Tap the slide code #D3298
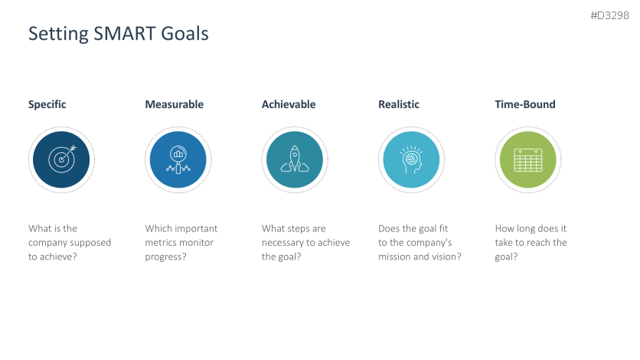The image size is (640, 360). (x=609, y=15)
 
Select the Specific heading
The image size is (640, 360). (x=47, y=105)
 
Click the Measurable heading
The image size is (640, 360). (x=175, y=104)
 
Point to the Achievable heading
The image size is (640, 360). (x=289, y=104)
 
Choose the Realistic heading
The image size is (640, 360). (x=399, y=104)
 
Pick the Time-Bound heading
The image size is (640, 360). (x=525, y=104)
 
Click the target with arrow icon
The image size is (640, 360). (x=62, y=159)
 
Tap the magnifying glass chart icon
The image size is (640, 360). (x=178, y=159)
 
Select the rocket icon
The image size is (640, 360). (x=295, y=159)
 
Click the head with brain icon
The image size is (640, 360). (x=411, y=160)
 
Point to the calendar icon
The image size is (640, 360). (x=527, y=160)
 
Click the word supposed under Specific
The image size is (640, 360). (x=90, y=243)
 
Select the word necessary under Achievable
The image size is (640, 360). (x=287, y=244)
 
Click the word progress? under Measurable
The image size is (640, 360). (x=165, y=257)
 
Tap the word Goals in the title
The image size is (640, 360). (x=185, y=34)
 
